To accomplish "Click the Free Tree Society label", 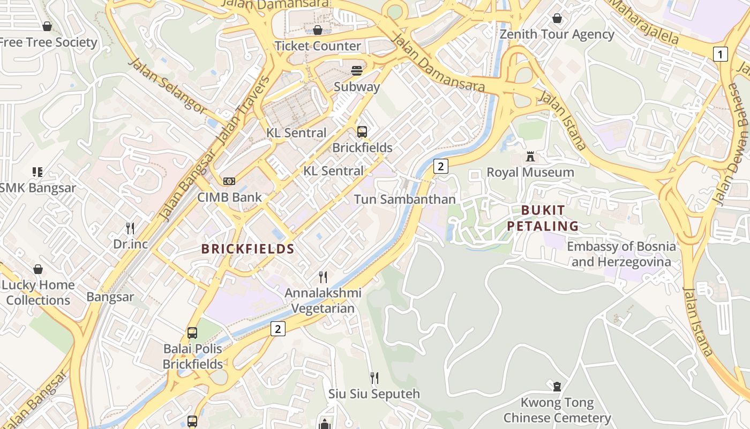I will [x=48, y=42].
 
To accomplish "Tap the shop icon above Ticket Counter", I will [x=318, y=30].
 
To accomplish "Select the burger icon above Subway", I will [x=357, y=71].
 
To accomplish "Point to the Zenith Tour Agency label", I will [x=557, y=34].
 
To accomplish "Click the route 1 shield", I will [x=721, y=54].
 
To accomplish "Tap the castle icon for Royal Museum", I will [x=530, y=157].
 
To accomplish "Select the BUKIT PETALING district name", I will [x=543, y=218].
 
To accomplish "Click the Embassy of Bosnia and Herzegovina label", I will [x=621, y=254].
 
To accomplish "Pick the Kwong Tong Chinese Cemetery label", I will [x=557, y=410].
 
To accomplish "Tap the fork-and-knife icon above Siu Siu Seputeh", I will [x=374, y=378].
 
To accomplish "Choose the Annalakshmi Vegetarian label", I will [x=323, y=301].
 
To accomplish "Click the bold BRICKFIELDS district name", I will [x=247, y=249].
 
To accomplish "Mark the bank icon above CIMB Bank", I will [x=229, y=181].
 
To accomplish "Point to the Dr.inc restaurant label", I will [x=130, y=244].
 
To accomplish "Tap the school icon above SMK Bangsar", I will [x=37, y=172].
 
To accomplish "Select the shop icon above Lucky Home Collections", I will [x=38, y=269].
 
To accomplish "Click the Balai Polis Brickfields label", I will [x=192, y=357].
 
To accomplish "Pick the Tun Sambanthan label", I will [x=404, y=199].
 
